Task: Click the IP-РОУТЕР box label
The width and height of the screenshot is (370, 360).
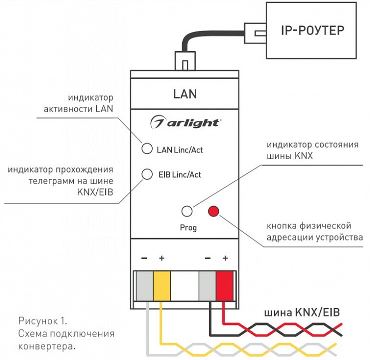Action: coord(313,30)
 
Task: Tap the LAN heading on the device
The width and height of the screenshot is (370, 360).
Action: coord(185,94)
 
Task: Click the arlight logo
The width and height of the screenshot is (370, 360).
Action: coord(185,122)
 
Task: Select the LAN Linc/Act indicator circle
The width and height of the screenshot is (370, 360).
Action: coord(147,148)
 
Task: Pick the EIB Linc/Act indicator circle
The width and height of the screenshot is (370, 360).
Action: coord(147,174)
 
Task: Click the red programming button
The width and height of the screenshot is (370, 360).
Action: coord(214,211)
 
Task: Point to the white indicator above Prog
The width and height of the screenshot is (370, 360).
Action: coord(187,211)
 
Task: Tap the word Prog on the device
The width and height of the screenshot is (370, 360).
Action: coord(188,227)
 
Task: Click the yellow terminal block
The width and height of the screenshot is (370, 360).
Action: coord(162,286)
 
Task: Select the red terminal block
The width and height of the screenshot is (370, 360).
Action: coord(225,286)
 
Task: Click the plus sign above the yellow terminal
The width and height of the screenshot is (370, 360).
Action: coord(162,258)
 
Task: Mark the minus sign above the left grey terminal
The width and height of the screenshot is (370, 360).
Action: coord(144,258)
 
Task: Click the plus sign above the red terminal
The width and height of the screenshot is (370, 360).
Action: coord(225,258)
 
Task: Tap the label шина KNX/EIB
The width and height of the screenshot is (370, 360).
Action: coord(302,312)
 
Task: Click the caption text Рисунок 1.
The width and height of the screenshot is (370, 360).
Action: coord(43,321)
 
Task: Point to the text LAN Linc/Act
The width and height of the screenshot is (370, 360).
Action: coord(180,150)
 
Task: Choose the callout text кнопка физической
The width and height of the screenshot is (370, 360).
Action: coord(309,226)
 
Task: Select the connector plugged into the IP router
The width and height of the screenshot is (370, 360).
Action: coord(255,33)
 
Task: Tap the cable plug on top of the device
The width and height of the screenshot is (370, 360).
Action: coord(185,60)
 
